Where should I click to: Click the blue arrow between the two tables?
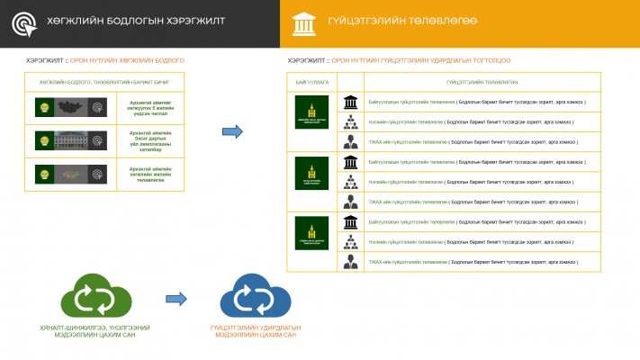[x=233, y=132]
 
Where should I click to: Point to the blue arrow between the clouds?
[x=176, y=299]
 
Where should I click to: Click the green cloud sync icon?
[x=87, y=296]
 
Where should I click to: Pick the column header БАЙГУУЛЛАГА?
[x=312, y=82]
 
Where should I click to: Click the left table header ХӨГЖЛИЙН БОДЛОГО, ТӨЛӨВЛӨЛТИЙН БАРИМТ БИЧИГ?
[x=104, y=82]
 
